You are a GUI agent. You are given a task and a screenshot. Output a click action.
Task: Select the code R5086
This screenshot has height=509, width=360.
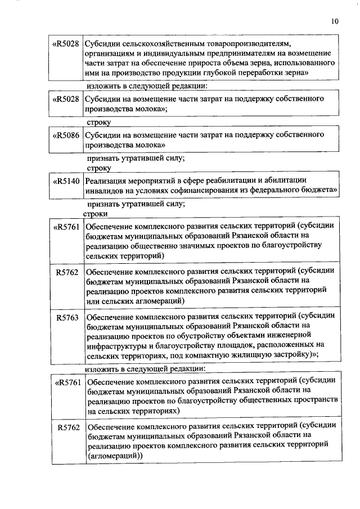pos(66,135)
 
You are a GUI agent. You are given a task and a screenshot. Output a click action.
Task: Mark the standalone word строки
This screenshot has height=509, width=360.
pos(96,214)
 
